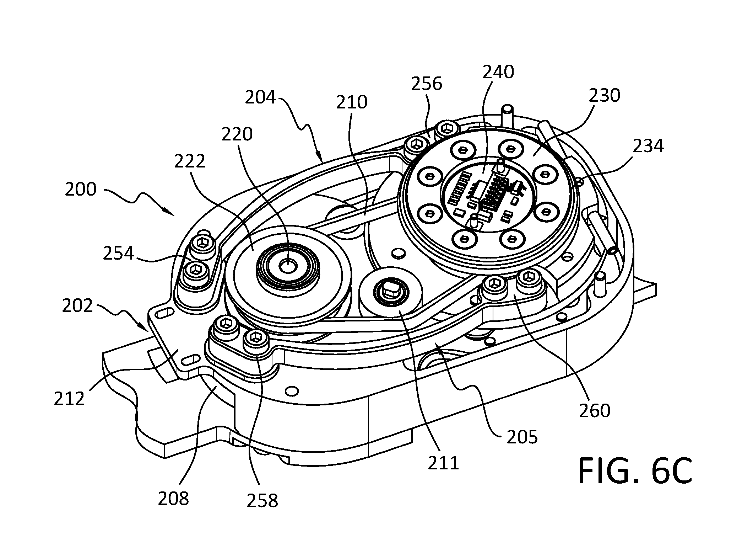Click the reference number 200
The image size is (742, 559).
[81, 189]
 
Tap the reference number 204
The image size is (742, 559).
[260, 97]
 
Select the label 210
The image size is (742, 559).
[352, 102]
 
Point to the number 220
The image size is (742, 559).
[237, 134]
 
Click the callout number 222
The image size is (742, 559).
[190, 161]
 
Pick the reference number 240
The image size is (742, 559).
[498, 72]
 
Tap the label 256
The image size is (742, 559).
[427, 84]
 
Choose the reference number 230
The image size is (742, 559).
[605, 95]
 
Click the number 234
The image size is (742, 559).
[648, 146]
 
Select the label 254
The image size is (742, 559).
[119, 254]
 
